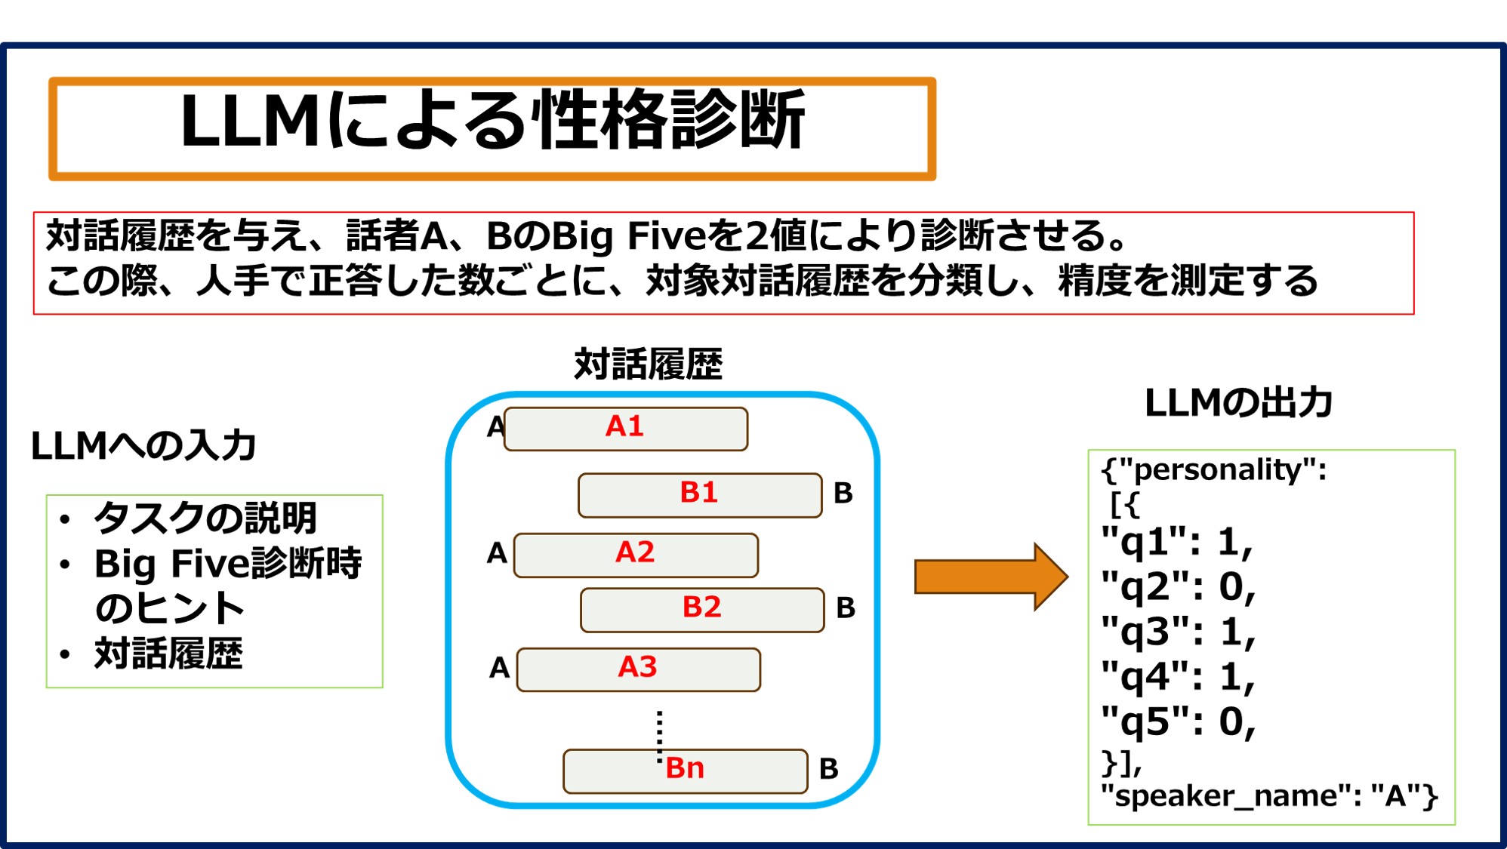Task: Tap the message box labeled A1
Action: [625, 428]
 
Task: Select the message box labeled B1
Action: [699, 494]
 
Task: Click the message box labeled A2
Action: [635, 554]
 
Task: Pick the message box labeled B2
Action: [701, 609]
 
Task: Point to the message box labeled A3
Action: [638, 669]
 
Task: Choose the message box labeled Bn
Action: [685, 770]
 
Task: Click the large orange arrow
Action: [990, 577]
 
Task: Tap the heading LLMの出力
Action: [1238, 403]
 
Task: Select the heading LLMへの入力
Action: [143, 446]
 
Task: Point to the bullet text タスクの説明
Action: [205, 518]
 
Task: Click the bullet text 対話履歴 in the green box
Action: [168, 654]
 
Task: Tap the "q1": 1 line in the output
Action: [1176, 542]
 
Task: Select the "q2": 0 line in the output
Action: [1178, 586]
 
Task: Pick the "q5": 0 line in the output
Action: [1178, 721]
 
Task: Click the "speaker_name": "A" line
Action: [1268, 796]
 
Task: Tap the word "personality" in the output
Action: [1217, 470]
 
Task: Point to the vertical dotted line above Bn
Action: [659, 735]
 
